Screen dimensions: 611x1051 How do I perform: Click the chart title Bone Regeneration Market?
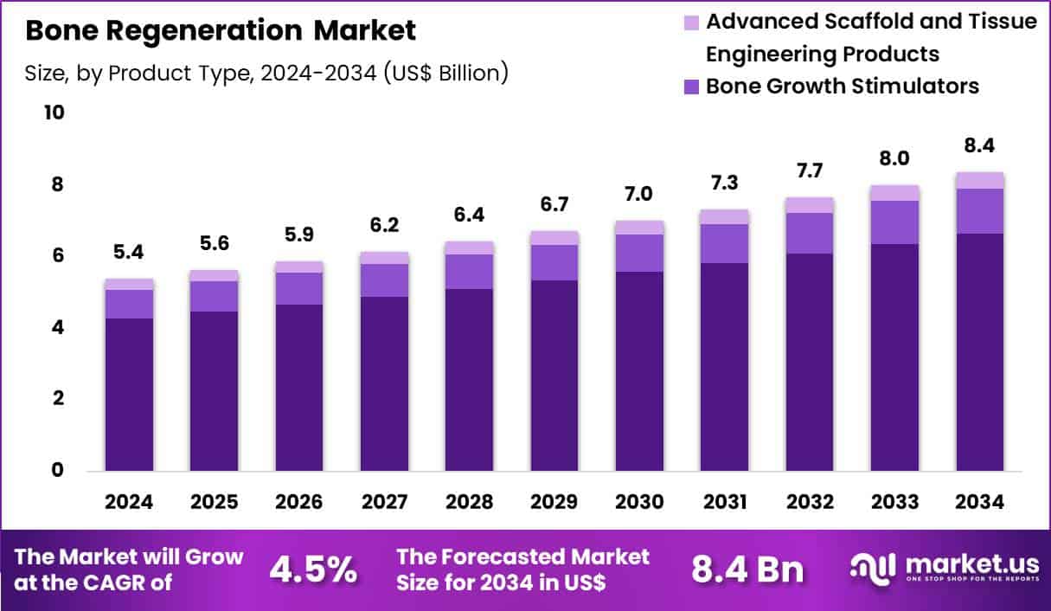click(221, 31)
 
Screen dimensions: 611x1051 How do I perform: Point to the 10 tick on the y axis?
click(54, 113)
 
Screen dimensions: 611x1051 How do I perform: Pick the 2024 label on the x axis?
click(129, 502)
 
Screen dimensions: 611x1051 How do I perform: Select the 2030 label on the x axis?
click(640, 502)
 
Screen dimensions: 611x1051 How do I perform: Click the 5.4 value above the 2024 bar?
click(129, 254)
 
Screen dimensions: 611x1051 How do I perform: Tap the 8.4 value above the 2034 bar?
click(980, 146)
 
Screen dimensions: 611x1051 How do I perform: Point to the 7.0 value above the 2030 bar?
click(640, 195)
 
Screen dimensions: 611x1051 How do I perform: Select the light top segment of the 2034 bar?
click(980, 180)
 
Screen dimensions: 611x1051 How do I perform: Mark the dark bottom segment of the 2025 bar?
click(215, 390)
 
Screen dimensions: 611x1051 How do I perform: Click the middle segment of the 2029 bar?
click(554, 262)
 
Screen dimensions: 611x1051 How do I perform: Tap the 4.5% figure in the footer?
click(313, 569)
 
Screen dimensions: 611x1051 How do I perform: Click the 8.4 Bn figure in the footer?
click(747, 569)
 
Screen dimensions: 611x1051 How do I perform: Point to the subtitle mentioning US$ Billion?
click(266, 74)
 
